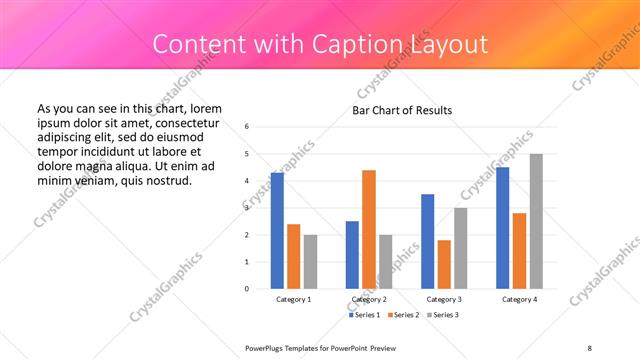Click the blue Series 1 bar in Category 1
pos(277,231)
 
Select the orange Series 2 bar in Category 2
pos(369,229)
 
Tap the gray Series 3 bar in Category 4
pos(536,221)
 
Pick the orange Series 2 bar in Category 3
pos(444,264)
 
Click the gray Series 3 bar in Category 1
pos(310,262)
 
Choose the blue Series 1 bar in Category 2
pos(352,255)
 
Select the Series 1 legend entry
pos(363,316)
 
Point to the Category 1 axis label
pos(293,299)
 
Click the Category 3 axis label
pos(444,299)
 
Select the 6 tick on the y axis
pos(246,127)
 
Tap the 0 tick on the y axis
pos(246,289)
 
